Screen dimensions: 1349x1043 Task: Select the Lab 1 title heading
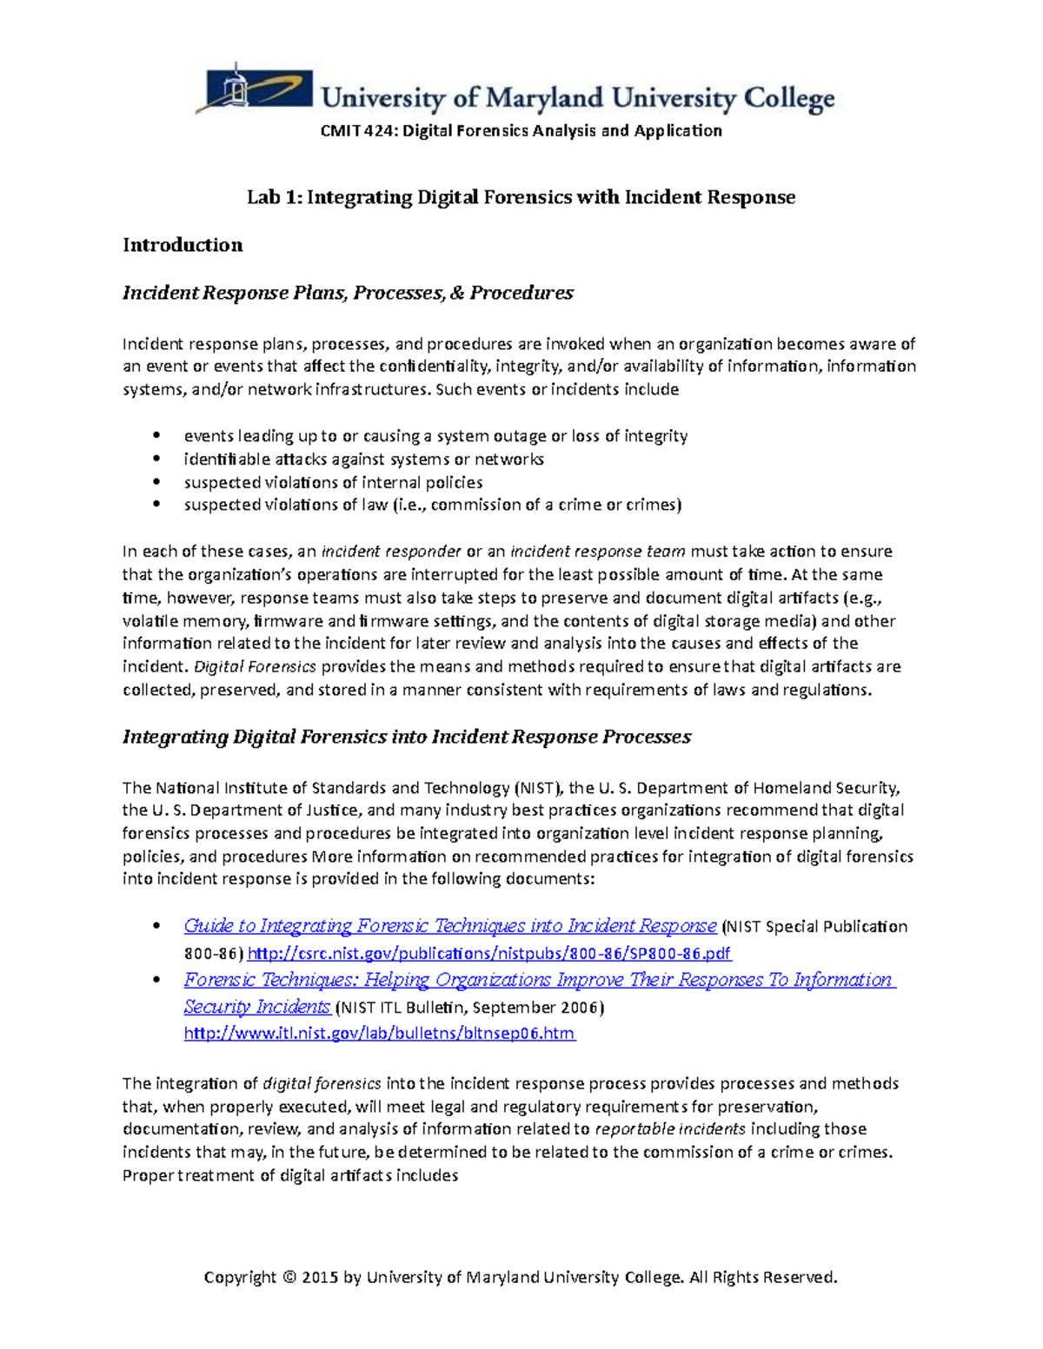pos(521,197)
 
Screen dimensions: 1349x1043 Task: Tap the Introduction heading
pos(183,245)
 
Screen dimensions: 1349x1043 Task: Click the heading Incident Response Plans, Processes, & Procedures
pos(348,293)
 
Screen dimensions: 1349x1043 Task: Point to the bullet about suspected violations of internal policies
pos(333,482)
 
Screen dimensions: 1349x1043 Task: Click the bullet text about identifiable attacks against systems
pos(363,459)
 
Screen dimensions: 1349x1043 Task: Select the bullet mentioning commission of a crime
pos(432,505)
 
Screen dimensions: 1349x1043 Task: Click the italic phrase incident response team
pos(597,552)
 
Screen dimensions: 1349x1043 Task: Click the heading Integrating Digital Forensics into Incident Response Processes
pos(406,737)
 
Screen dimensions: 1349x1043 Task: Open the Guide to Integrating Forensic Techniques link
pos(449,926)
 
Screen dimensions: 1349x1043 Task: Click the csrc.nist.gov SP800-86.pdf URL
pos(489,954)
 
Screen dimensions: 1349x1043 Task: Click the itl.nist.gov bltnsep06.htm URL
pos(379,1034)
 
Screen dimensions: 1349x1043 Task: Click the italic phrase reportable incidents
pos(669,1129)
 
